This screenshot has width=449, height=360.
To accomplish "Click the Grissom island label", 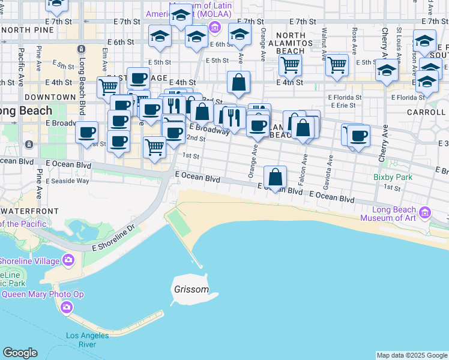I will tap(191, 289).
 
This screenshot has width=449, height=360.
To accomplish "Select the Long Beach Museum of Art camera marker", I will tap(425, 212).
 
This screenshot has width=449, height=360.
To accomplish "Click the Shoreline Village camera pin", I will tap(67, 260).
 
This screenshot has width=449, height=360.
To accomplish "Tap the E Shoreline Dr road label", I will tap(115, 239).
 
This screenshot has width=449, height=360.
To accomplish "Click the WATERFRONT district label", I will tap(29, 211).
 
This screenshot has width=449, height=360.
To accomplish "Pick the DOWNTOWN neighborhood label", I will tap(50, 97).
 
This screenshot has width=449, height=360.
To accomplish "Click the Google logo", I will tap(20, 353).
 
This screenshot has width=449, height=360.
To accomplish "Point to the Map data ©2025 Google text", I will tap(411, 355).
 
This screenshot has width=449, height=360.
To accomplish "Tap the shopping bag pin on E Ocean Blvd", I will tap(276, 177).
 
